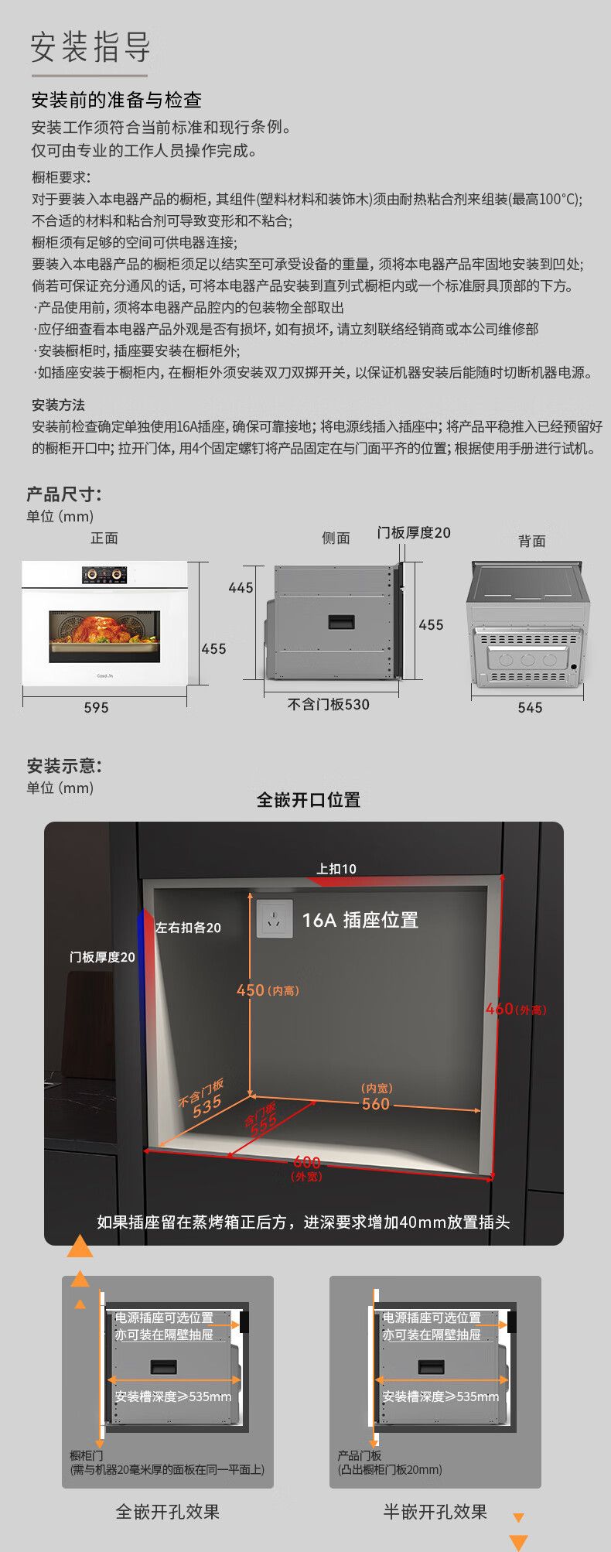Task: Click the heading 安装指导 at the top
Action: coord(90,47)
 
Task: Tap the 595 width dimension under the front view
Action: coord(96,707)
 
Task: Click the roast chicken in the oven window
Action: coord(102,628)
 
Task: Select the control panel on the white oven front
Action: coord(104,575)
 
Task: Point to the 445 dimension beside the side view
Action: coord(241,588)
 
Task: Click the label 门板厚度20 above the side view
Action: coord(413,533)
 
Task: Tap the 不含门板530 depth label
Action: coord(329,705)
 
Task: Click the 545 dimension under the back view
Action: coord(530,707)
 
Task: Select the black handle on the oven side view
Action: coord(341,621)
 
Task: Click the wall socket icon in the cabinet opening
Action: coord(275,919)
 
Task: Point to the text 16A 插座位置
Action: coord(360,920)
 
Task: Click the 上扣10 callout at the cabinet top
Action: coord(336,869)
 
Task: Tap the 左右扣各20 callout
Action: coord(188,928)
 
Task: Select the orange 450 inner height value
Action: coord(251,990)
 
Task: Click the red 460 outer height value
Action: coord(500,1009)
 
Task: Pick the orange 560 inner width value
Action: coord(376,1104)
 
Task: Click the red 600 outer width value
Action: coord(307,1162)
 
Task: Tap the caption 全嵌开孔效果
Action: coord(168,1512)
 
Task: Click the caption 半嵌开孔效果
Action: coord(435,1512)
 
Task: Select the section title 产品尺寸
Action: coord(64,494)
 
